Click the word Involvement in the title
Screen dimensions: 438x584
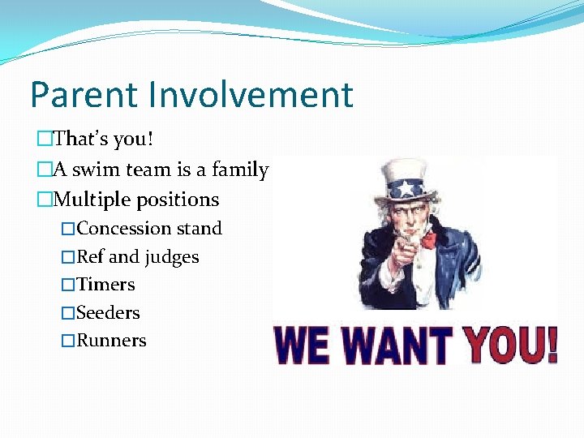click(250, 95)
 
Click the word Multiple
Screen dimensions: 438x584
click(93, 200)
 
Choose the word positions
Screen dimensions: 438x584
click(179, 200)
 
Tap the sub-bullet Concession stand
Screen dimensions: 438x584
click(149, 229)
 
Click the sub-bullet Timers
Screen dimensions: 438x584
click(105, 285)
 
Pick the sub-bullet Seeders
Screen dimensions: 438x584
click(108, 313)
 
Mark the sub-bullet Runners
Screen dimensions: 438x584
click(111, 341)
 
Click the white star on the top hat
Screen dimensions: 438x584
click(404, 190)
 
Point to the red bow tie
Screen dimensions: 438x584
click(427, 239)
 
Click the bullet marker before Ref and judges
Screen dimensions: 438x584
click(68, 258)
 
